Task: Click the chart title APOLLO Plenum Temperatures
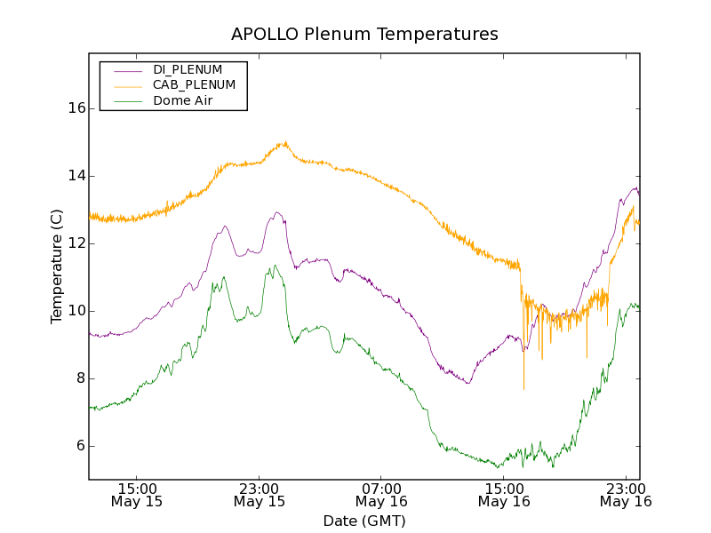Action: (364, 35)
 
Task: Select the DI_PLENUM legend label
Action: (188, 69)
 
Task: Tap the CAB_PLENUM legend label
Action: (194, 85)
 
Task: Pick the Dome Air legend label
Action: (183, 101)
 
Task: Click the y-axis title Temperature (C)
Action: (57, 266)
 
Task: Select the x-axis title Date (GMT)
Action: (364, 521)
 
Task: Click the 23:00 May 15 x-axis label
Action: (260, 495)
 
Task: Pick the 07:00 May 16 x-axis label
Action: (382, 495)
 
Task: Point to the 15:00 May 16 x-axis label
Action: (504, 495)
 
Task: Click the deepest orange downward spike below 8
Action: (523, 388)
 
